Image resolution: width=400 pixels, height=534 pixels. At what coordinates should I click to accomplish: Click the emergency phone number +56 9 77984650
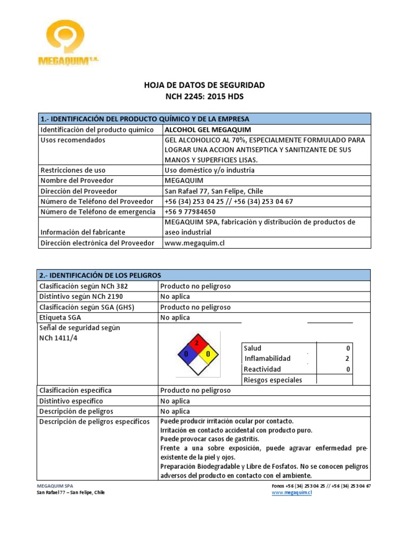[190, 212]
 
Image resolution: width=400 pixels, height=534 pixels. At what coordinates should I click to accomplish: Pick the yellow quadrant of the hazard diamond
[207, 355]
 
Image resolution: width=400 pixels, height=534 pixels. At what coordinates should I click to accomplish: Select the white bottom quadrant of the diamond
[197, 366]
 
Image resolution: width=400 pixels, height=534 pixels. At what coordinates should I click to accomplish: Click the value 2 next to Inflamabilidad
[347, 358]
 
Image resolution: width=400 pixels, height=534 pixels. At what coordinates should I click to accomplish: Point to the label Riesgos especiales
[272, 380]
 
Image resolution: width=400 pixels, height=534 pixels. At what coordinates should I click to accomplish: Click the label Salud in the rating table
[253, 348]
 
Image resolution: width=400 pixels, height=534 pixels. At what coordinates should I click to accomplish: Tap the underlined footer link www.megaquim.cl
[292, 492]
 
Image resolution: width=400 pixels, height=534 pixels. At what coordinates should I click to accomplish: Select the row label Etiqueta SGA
[60, 317]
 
